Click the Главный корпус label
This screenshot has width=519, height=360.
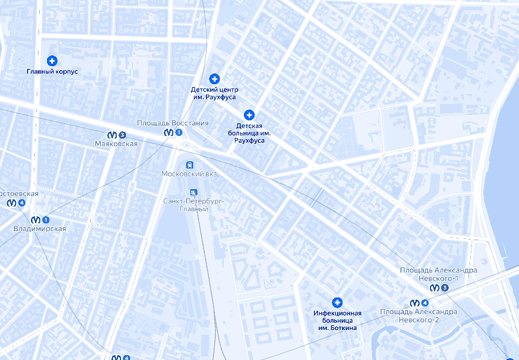click(x=52, y=72)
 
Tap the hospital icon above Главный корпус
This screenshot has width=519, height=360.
click(x=52, y=61)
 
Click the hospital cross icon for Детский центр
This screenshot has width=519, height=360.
click(x=214, y=79)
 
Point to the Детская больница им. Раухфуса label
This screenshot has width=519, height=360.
click(x=249, y=132)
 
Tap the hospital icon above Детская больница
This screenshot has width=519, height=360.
click(x=249, y=114)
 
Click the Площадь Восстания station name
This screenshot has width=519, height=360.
click(x=173, y=123)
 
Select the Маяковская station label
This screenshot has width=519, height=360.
click(x=116, y=144)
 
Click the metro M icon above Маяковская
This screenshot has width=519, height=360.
click(x=113, y=135)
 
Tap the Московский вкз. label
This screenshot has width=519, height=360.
click(x=190, y=173)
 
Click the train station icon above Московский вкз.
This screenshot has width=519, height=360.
click(x=190, y=164)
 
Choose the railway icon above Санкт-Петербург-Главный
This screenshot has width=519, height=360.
click(x=194, y=192)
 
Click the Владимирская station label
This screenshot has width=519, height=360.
click(x=40, y=229)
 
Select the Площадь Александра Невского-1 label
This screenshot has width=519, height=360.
click(x=438, y=274)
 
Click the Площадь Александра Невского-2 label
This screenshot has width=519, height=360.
click(x=418, y=315)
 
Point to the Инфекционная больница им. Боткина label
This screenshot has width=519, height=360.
click(x=337, y=320)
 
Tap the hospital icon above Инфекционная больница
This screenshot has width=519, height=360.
click(x=337, y=302)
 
